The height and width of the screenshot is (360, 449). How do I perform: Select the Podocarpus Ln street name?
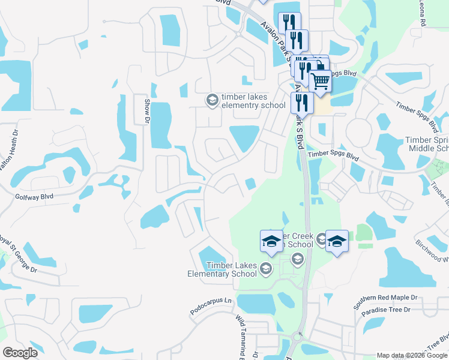[211, 301]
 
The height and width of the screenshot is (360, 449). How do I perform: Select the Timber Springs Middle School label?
[428, 143]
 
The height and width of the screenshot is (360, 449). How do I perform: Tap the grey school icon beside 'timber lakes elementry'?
[211, 100]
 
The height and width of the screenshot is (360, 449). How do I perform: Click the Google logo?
[20, 353]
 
